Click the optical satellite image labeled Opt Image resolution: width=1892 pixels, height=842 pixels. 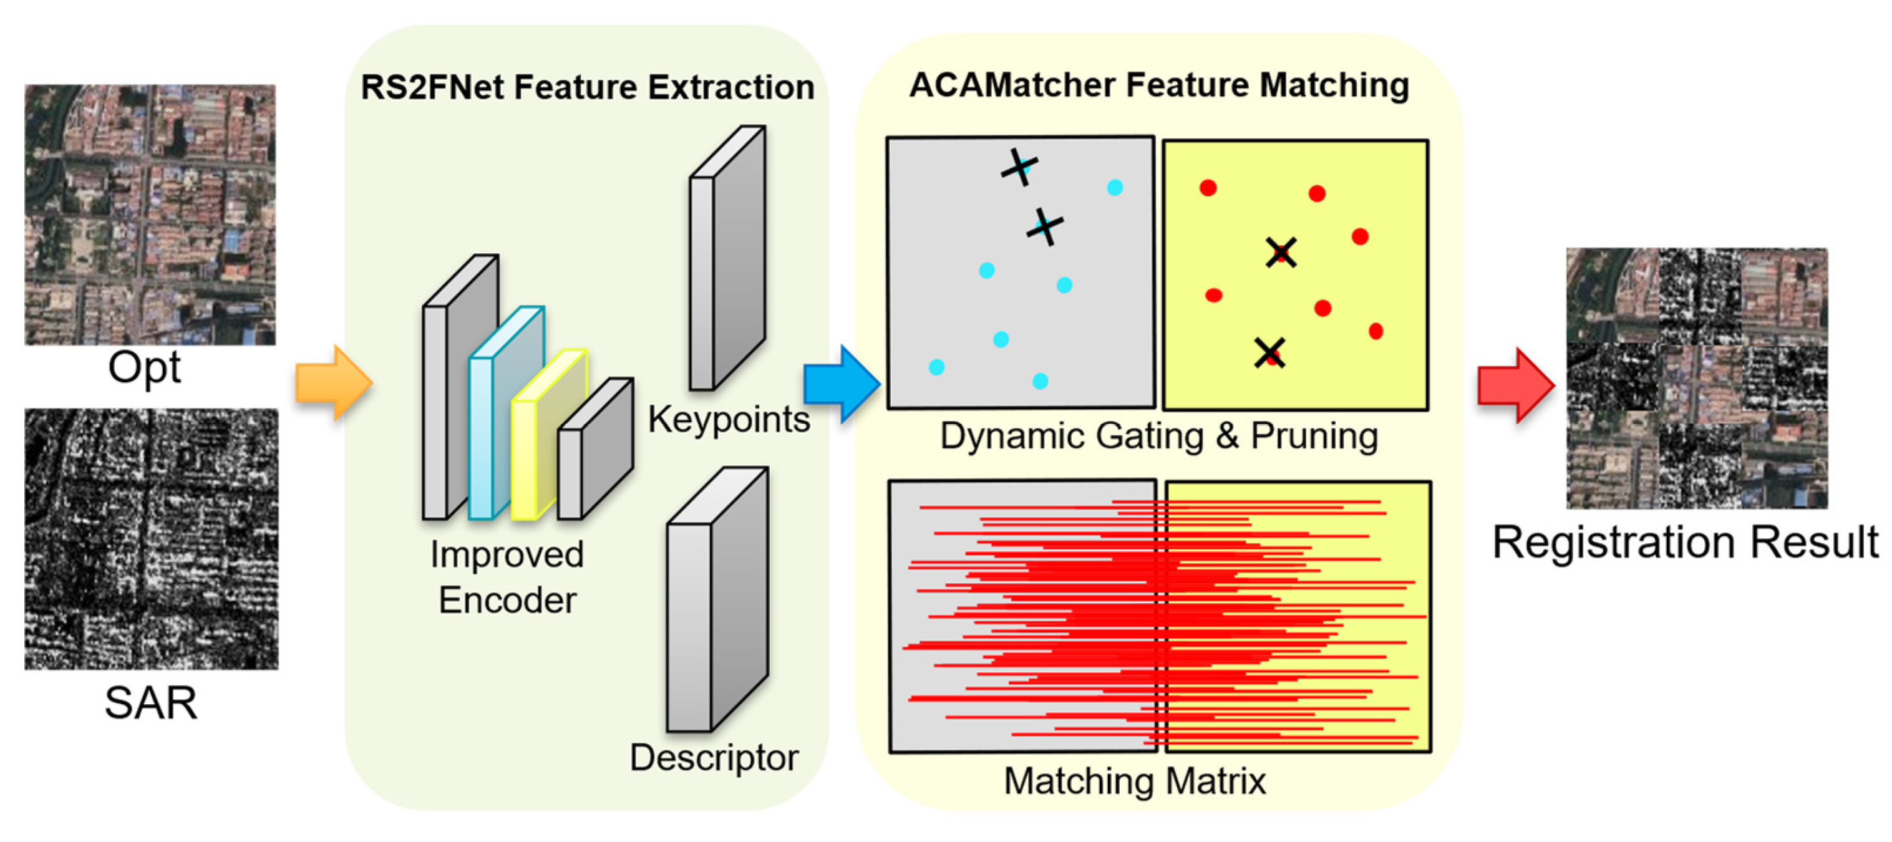pyautogui.click(x=150, y=215)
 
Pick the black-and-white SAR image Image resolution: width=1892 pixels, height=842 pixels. pyautogui.click(x=152, y=540)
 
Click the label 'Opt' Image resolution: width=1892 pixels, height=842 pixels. pyautogui.click(x=144, y=367)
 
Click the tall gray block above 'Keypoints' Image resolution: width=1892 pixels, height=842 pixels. pyautogui.click(x=727, y=258)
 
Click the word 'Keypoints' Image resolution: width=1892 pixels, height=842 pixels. pyautogui.click(x=729, y=420)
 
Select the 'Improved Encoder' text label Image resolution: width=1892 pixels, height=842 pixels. pyautogui.click(x=507, y=578)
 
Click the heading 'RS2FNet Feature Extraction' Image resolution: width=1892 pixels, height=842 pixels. pyautogui.click(x=588, y=87)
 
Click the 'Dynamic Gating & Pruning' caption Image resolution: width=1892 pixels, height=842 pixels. pyautogui.click(x=1158, y=436)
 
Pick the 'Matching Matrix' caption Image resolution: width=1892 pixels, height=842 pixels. pyautogui.click(x=1135, y=780)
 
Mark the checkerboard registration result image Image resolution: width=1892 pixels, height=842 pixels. pyautogui.click(x=1697, y=379)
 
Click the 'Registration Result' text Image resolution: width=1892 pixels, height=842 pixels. pyautogui.click(x=1685, y=543)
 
